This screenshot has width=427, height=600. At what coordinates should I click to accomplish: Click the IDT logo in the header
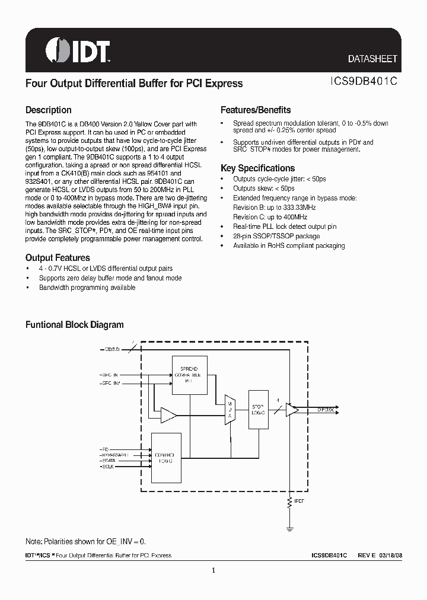click(77, 51)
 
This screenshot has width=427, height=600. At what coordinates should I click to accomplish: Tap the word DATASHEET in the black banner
click(372, 59)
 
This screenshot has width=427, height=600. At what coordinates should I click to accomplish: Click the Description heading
click(48, 110)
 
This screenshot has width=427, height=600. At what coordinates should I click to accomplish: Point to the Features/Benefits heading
click(256, 110)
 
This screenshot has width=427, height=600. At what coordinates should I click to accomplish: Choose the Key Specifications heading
click(257, 168)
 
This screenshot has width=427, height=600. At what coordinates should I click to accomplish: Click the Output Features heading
click(58, 258)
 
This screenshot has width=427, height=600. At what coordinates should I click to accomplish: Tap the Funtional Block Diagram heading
click(74, 325)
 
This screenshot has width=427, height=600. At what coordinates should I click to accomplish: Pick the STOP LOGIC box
click(259, 408)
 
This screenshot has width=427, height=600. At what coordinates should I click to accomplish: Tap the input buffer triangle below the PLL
click(168, 415)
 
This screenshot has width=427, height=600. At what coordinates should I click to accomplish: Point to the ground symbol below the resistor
click(290, 527)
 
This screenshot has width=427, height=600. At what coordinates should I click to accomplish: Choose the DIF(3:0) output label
click(325, 409)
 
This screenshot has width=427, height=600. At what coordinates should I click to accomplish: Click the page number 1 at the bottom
click(213, 571)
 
